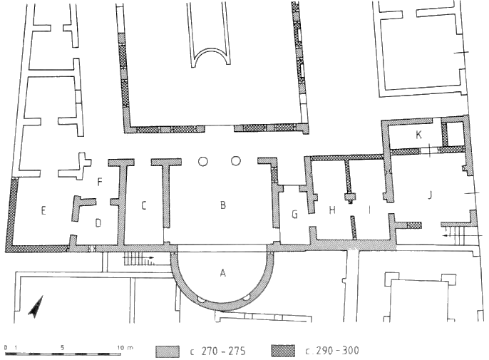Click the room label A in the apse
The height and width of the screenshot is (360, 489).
tap(222, 273)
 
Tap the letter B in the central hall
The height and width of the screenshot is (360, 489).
tap(222, 205)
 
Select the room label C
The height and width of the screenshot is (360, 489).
tap(144, 205)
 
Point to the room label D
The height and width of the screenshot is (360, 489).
tap(98, 223)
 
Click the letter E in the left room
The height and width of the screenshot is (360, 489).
tap(43, 210)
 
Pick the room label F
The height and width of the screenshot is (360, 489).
tap(100, 182)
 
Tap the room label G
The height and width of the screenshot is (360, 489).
tap(294, 215)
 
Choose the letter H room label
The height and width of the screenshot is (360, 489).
tap(332, 210)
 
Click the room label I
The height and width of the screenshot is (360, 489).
tap(369, 210)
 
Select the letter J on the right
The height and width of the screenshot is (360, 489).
tap(430, 195)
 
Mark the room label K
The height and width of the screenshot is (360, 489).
tap(419, 135)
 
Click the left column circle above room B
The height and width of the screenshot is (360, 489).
tap(202, 161)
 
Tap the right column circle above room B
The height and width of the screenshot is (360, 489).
tap(236, 161)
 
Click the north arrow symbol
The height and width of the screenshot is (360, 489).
tap(36, 307)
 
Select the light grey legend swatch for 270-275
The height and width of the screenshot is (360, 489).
tap(168, 351)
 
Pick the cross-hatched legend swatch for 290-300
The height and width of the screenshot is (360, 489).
tap(283, 351)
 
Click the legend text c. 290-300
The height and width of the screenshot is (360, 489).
tap(332, 351)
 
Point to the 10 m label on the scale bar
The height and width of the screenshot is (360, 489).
tap(125, 347)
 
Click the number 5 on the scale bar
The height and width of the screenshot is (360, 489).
tap(63, 347)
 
